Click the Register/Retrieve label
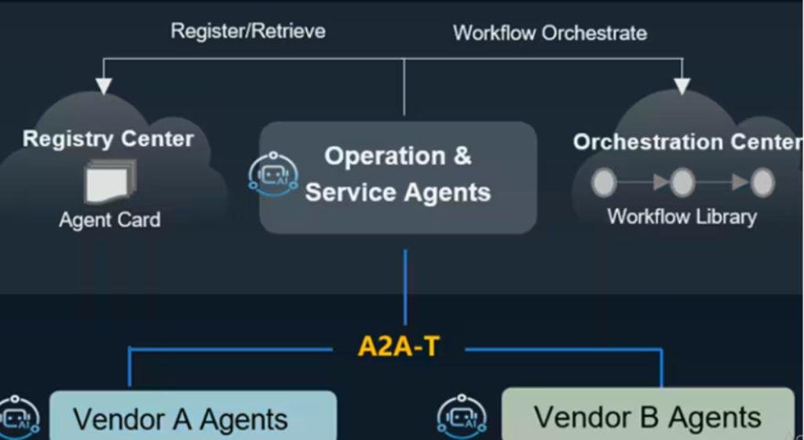(248, 31)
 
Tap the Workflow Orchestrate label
(550, 33)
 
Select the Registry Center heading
(108, 140)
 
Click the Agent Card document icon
(110, 181)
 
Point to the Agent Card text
(110, 219)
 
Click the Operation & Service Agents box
(398, 177)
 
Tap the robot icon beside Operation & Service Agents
(272, 174)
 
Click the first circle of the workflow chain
(604, 183)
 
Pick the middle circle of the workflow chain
(682, 183)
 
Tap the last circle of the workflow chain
(762, 183)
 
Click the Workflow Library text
(682, 216)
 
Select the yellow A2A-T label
(398, 346)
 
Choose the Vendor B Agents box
(648, 416)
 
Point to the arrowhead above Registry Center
(103, 85)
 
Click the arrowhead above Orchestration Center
(682, 85)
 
